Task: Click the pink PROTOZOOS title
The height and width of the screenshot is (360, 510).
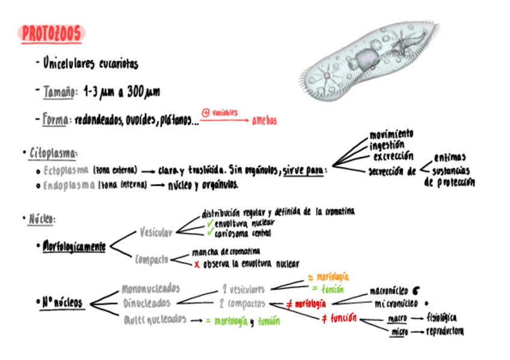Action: [51, 34]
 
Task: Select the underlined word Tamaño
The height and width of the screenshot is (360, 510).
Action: [60, 93]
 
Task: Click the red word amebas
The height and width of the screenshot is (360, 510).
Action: [265, 121]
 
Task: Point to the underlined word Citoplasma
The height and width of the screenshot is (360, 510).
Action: [53, 153]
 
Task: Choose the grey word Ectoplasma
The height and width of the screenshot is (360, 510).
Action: [66, 170]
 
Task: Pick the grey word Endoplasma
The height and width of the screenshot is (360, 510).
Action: [69, 185]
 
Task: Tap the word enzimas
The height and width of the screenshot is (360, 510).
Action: [449, 157]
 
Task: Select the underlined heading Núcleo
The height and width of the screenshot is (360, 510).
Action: [41, 219]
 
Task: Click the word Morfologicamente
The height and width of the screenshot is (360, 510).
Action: [74, 246]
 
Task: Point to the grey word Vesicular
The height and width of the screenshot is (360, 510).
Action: [156, 232]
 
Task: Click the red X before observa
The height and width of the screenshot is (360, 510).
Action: [197, 264]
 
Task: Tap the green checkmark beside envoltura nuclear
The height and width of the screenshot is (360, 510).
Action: [210, 223]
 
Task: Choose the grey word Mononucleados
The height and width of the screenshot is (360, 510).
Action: [150, 289]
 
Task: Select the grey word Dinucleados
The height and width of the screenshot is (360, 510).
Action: [147, 304]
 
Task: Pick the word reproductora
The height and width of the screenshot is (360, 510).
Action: [445, 331]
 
